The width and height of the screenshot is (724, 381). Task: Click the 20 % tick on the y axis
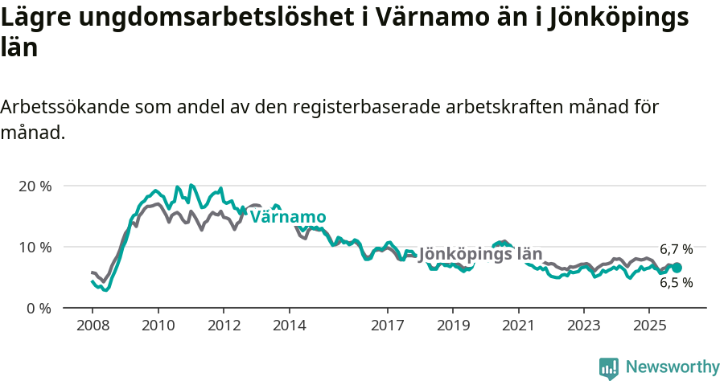35,186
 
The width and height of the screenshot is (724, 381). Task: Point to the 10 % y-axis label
35,247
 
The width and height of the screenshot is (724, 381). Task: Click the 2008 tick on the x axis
92,326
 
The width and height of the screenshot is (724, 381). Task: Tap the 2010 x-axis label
158,326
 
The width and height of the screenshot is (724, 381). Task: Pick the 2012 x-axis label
224,326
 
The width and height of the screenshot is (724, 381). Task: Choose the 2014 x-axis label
289,326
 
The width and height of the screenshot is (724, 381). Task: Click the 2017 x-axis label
387,326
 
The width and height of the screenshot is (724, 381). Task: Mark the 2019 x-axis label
452,326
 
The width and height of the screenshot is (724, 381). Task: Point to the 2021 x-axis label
518,326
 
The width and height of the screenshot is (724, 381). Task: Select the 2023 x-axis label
583,326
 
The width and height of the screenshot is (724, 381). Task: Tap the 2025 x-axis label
648,326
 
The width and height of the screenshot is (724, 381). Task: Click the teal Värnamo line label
288,218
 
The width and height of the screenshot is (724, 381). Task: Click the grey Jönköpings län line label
480,255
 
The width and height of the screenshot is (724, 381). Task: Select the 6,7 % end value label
676,250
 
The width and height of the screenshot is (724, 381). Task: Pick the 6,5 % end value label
676,283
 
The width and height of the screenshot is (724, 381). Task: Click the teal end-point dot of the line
677,268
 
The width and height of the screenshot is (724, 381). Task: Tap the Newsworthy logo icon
609,367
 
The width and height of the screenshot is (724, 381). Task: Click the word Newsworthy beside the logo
673,367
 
